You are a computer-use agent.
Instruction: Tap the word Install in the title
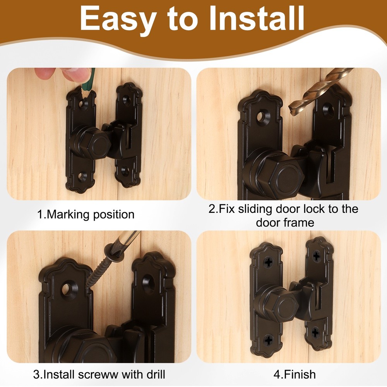click(257, 18)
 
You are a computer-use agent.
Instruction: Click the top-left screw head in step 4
click(269, 262)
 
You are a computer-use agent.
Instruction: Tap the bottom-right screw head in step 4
click(315, 332)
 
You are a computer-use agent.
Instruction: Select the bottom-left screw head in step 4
click(269, 341)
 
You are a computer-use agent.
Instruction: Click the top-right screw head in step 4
click(317, 256)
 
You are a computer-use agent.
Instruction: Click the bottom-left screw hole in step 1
click(82, 177)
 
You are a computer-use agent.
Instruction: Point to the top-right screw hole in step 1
click(127, 101)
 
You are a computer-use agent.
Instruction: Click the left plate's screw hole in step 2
click(263, 117)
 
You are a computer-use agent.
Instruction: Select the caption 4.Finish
click(295, 374)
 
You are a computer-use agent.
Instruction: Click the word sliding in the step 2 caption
click(255, 209)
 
